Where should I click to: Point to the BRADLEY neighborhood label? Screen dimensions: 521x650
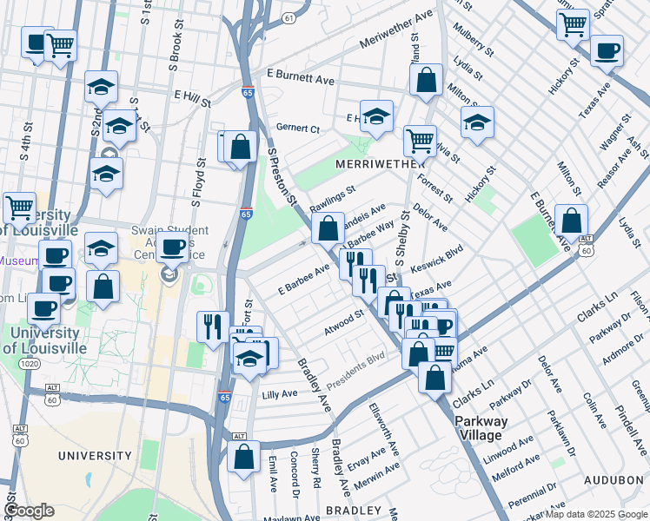[x=354, y=510]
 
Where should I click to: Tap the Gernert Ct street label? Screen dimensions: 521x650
[x=298, y=128]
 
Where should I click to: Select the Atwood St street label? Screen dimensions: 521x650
[x=343, y=322]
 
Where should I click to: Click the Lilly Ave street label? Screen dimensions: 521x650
[x=280, y=393]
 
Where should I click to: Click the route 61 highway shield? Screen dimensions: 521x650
[x=289, y=17]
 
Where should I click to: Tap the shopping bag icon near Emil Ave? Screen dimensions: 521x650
[x=244, y=454]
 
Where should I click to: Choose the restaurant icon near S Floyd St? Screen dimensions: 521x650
[x=213, y=326]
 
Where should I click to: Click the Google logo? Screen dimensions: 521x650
[x=29, y=511]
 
